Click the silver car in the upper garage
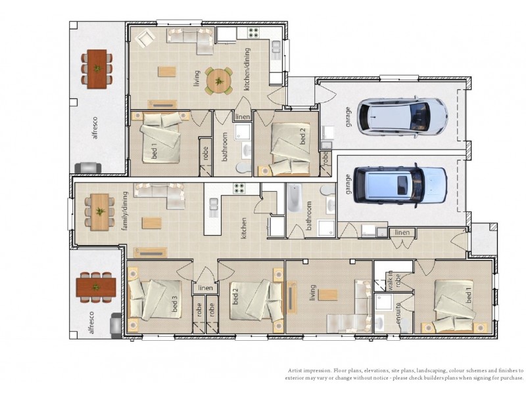point(399,116)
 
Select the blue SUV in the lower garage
point(400,183)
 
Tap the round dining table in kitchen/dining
point(218,81)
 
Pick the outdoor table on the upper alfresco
point(97,68)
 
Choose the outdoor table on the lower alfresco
point(96,287)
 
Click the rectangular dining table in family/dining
point(99,211)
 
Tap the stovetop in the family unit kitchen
point(237,188)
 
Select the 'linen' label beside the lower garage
point(401,232)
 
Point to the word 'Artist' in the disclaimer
point(295,371)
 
